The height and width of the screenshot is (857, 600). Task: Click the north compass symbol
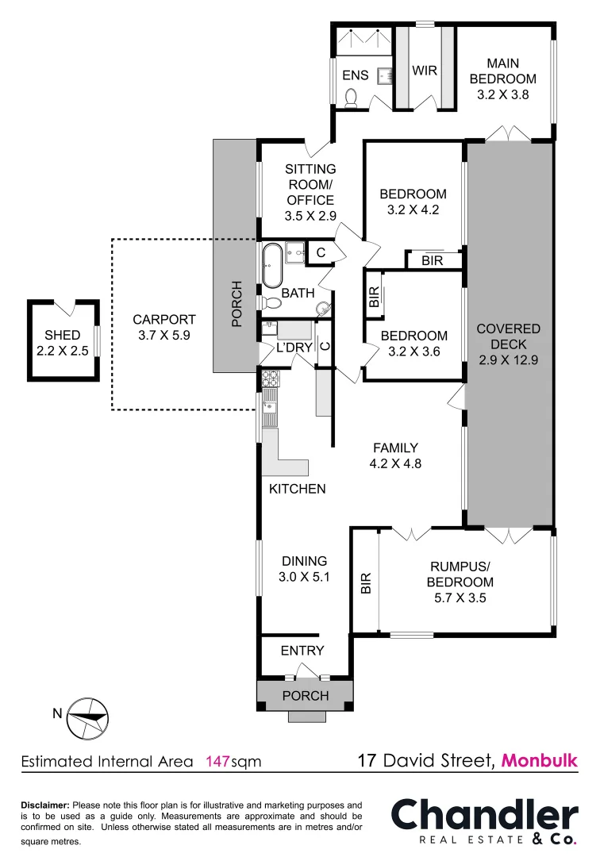[x=87, y=717]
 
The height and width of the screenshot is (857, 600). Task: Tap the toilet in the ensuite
[x=352, y=97]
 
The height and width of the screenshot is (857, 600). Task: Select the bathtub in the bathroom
[x=271, y=266]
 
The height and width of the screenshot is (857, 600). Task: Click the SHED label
[x=62, y=336]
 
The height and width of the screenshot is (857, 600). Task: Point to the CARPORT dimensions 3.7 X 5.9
[x=164, y=335]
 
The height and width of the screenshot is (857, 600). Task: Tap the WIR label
[x=425, y=71]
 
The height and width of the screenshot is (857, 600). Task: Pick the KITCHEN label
[x=297, y=489]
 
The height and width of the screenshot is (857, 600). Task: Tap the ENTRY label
[x=302, y=651]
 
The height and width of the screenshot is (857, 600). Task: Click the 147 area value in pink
[x=217, y=762]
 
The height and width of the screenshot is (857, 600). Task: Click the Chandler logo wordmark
[x=485, y=815]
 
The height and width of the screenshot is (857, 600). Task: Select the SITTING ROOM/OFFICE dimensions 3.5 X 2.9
[x=310, y=215]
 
